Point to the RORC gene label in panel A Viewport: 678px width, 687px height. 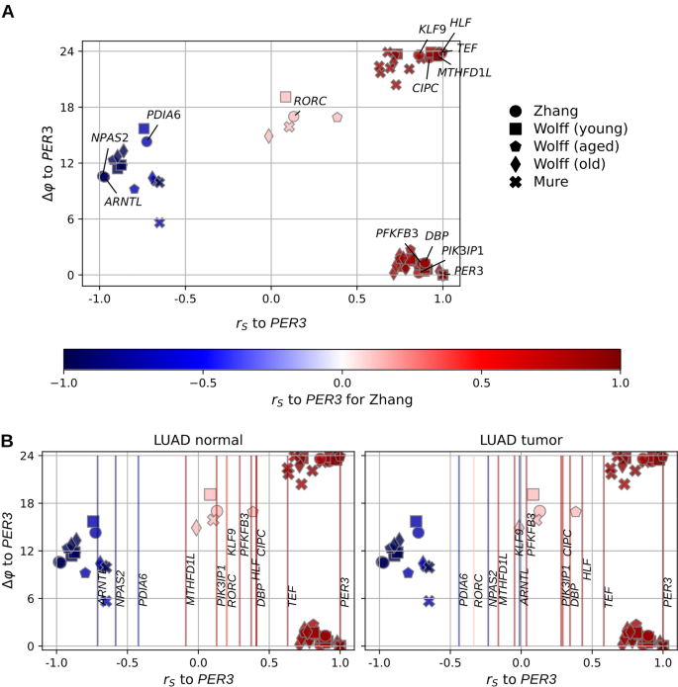click(310, 101)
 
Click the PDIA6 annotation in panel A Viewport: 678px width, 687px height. click(163, 115)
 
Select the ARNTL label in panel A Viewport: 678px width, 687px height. click(125, 201)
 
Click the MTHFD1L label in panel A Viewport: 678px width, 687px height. click(461, 71)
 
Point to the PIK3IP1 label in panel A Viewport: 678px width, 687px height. click(462, 251)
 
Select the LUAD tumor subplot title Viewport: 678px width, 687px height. click(519, 438)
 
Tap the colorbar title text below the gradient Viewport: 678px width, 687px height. click(341, 399)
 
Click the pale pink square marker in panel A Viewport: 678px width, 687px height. click(286, 97)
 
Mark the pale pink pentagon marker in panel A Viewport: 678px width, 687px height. click(338, 117)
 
